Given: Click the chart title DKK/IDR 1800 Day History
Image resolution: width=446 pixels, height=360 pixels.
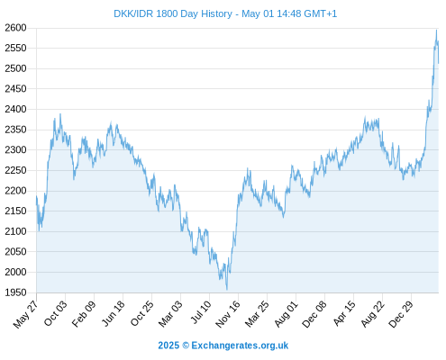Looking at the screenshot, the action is coord(173,13).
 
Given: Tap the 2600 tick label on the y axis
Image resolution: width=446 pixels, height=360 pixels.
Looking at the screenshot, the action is coord(15,28).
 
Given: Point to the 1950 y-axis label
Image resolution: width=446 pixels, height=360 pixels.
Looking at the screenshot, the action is coord(15,292).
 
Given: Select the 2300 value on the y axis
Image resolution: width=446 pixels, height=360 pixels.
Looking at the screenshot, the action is coord(15,149).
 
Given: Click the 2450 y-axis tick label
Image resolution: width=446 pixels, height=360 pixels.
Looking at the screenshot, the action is coord(15,89).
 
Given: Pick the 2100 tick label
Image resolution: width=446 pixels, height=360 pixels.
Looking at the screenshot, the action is coord(15,231).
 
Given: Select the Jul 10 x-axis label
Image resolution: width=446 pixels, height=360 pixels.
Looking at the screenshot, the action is coord(201,312).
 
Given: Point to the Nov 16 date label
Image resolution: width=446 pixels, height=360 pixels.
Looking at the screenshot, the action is coord(228,314).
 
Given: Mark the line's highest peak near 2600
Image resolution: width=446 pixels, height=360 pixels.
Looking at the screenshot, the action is coord(436,30).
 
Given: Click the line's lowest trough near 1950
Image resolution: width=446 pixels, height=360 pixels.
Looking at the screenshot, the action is coord(227,290).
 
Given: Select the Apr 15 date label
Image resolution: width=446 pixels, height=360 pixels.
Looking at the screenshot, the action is coord(344,313).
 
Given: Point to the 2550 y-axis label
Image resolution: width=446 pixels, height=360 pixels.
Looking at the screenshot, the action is coord(15,48).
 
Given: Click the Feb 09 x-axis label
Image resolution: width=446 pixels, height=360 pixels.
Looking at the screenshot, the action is coord(84,313).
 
